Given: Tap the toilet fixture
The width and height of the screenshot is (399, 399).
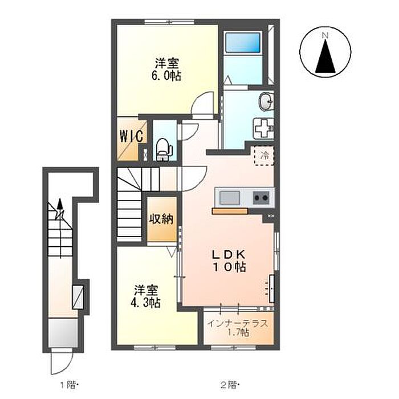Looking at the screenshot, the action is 164,149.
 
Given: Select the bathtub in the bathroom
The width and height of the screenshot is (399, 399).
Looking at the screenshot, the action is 243,42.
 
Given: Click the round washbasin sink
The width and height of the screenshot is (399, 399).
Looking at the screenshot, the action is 266,102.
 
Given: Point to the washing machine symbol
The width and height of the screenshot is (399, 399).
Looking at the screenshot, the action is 263,128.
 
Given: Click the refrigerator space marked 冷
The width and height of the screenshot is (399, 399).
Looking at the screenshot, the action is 264,156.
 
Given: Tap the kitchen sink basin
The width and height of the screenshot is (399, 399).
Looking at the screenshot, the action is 230,197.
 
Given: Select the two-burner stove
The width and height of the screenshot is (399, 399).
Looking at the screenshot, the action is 261,197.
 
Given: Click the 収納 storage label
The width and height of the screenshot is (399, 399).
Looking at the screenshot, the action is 161,219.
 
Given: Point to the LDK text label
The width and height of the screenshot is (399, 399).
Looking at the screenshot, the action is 229,254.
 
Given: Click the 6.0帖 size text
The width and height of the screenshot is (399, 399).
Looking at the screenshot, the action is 166,76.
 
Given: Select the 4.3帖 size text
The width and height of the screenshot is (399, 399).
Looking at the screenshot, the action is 145,303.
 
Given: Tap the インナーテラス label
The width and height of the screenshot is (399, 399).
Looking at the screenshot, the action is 238,323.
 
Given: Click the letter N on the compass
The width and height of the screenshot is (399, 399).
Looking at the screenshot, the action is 325,35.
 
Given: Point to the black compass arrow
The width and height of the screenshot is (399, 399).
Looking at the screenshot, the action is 325,56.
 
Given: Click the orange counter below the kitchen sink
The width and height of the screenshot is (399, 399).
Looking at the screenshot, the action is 230,211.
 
